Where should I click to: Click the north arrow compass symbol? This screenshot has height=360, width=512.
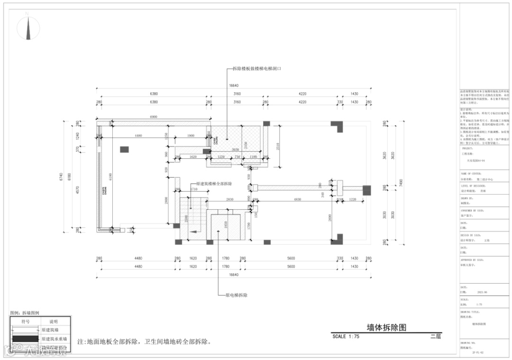click(29, 28)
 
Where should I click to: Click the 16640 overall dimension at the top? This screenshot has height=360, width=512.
click(233, 86)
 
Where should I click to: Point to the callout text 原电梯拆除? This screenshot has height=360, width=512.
click(236, 295)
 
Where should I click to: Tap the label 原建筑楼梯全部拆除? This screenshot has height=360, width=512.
click(214, 183)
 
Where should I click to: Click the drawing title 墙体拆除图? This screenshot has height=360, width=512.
click(387, 328)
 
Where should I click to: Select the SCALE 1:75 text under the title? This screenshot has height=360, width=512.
click(346, 336)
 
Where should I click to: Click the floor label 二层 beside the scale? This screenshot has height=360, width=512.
click(435, 336)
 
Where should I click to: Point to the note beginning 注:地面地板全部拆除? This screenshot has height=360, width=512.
click(144, 342)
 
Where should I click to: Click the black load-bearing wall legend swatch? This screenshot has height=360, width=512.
click(25, 339)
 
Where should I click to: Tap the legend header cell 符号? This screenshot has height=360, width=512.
click(26, 322)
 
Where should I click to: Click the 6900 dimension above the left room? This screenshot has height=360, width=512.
click(154, 116)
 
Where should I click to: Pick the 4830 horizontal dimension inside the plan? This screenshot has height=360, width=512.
click(298, 199)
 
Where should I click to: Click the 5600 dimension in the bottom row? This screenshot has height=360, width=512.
click(291, 258)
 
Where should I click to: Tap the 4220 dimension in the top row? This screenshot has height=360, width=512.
click(302, 94)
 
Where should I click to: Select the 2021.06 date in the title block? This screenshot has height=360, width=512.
click(483, 293)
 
